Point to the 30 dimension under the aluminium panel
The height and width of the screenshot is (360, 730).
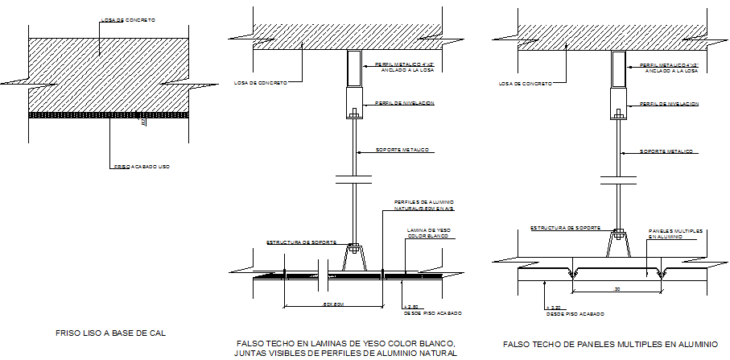click(617, 288)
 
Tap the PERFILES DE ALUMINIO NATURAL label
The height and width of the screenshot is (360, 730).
click(423, 205)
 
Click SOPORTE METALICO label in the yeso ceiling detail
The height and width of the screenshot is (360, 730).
click(403, 151)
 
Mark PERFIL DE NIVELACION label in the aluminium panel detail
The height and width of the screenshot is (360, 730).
click(668, 104)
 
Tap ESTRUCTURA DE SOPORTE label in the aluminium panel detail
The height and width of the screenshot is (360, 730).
click(563, 228)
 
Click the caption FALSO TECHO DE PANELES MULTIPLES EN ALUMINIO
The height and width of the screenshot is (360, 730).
click(610, 344)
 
